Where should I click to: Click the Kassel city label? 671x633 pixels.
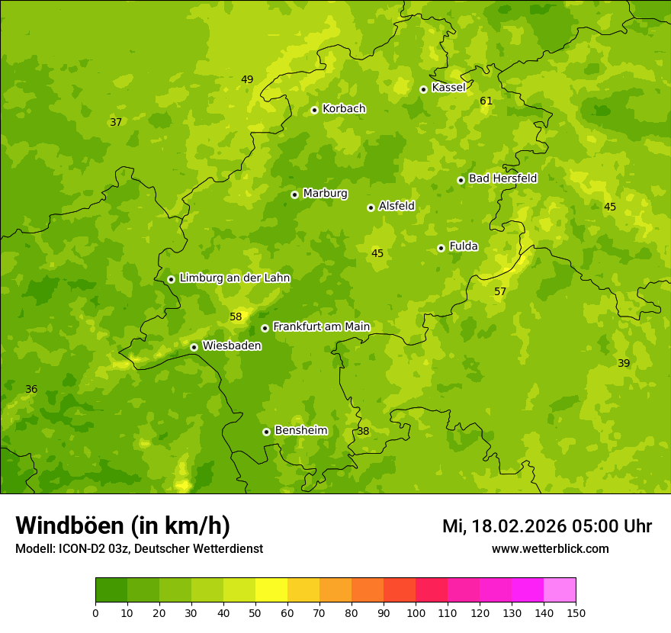[x=448, y=88]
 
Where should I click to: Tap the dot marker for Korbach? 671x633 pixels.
[x=314, y=110]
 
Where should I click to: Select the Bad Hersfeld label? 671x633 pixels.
[x=502, y=178]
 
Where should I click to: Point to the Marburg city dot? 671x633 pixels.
[x=294, y=194]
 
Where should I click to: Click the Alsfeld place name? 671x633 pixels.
[x=396, y=206]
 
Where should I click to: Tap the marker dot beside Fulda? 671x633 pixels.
[x=441, y=248]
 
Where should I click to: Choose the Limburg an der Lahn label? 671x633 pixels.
[x=234, y=278]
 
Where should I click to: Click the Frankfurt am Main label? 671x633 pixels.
[x=321, y=326]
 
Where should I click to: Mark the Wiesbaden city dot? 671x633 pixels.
[x=194, y=347]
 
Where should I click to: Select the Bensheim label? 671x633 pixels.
[x=300, y=430]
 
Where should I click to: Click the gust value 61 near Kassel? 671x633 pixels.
[x=486, y=101]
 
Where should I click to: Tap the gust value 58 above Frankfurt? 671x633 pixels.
[x=236, y=316]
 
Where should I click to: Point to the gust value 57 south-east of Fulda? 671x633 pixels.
[x=500, y=291]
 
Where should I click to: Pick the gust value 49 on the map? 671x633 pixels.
[x=247, y=79]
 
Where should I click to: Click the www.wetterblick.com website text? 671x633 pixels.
[x=550, y=549]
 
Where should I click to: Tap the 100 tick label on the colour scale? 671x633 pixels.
[x=416, y=612]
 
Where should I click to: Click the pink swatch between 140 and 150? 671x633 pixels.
[x=560, y=590]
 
